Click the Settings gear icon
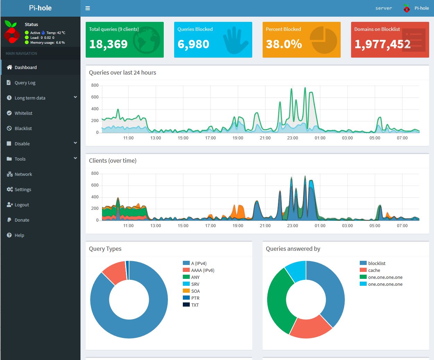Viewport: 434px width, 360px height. (10, 189)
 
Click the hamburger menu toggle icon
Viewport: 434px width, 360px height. (88, 8)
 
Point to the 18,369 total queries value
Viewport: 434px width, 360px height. (108, 44)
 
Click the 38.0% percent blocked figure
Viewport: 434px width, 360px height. (284, 44)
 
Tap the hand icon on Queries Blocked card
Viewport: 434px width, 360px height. (235, 40)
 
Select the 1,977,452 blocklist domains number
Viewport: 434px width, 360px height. (382, 44)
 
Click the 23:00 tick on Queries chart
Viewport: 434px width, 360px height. (292, 138)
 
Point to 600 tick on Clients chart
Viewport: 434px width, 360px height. (95, 185)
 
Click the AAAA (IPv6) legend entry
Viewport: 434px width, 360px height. (198, 270)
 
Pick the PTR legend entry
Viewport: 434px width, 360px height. (191, 298)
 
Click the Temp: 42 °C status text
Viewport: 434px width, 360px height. (56, 33)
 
